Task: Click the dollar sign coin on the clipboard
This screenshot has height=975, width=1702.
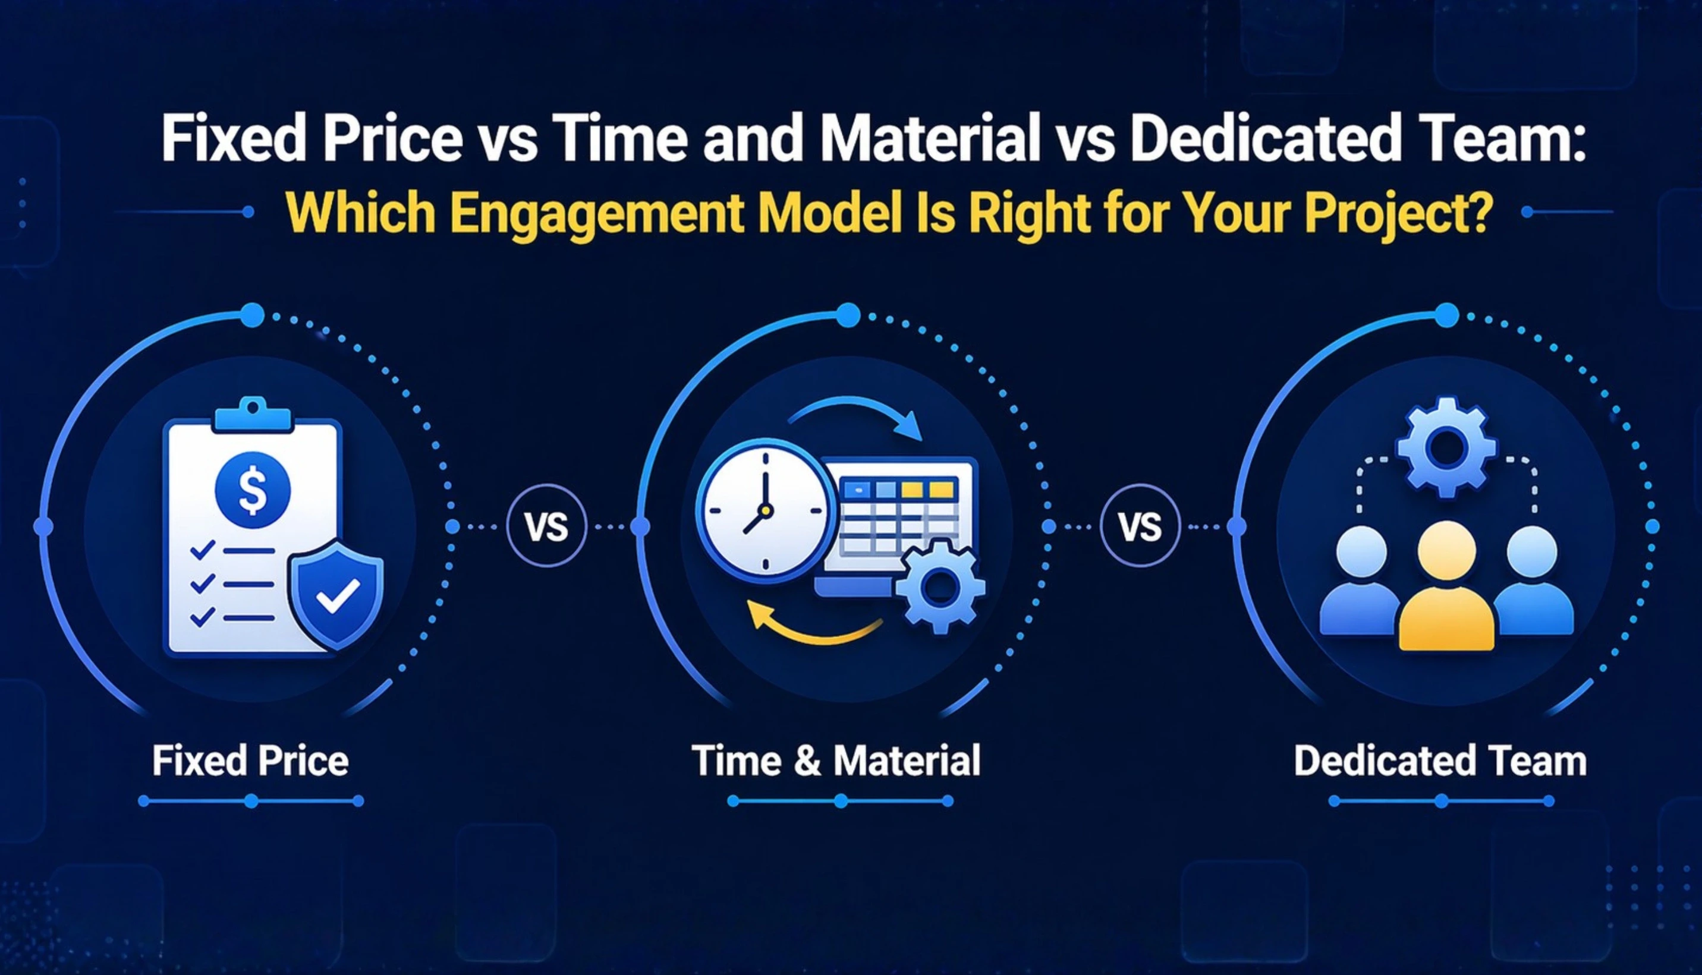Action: pos(253,490)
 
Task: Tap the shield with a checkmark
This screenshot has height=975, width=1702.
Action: pos(337,594)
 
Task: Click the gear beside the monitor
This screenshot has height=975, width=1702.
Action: pos(940,587)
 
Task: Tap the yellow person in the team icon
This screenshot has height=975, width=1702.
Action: pos(1446,589)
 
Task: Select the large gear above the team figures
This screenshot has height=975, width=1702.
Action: pos(1446,447)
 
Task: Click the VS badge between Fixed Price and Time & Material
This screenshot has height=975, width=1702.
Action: pos(546,527)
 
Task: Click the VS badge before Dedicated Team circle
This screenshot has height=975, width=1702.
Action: pos(1140,527)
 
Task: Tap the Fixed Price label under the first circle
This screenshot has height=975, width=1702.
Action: pos(250,761)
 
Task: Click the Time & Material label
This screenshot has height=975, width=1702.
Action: pos(836,761)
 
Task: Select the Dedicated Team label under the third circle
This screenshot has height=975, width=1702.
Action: pos(1440,761)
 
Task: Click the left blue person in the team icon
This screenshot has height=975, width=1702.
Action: pos(1360,583)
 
